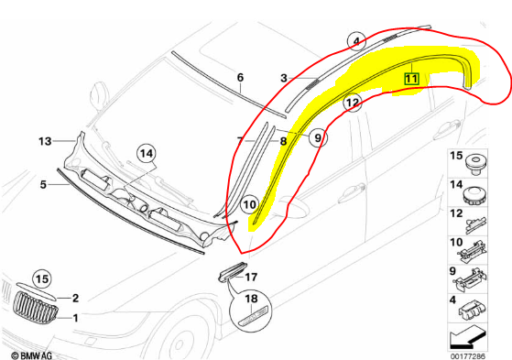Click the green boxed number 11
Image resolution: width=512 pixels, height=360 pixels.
pyautogui.click(x=411, y=80)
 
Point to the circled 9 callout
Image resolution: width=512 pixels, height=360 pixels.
pyautogui.click(x=317, y=138)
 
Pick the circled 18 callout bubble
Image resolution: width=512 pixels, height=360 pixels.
pyautogui.click(x=249, y=299)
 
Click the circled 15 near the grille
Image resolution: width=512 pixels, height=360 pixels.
pyautogui.click(x=40, y=278)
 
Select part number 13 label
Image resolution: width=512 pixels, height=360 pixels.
pyautogui.click(x=43, y=141)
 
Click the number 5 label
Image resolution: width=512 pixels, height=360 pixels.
pyautogui.click(x=42, y=184)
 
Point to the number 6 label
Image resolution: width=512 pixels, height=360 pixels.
pyautogui.click(x=241, y=78)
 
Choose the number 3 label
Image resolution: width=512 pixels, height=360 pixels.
pyautogui.click(x=284, y=79)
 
